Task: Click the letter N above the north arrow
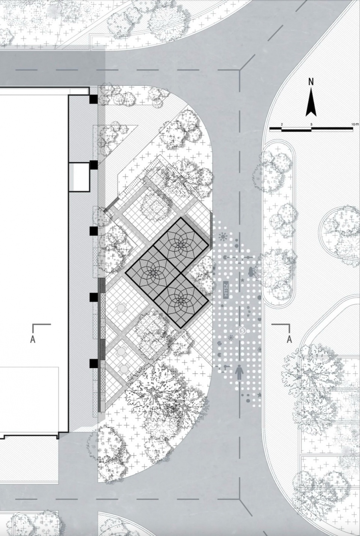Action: point(311,82)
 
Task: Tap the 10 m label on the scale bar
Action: point(356,125)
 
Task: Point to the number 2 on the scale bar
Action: point(282,125)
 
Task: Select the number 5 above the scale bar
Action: point(311,125)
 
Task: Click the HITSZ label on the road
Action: point(226,290)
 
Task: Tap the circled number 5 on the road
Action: point(242,331)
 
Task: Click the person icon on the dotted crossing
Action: point(239,372)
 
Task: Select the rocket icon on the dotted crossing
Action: point(251,272)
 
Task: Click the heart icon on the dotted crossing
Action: point(259,320)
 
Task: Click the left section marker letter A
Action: point(33,339)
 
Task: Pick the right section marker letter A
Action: point(289,339)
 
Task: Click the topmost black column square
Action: point(93,99)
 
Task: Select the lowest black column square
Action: point(93,363)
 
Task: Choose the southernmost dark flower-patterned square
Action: point(181,300)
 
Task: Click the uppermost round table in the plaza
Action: point(120,307)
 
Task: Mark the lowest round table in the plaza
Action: point(124,368)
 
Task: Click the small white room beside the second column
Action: point(79,177)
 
